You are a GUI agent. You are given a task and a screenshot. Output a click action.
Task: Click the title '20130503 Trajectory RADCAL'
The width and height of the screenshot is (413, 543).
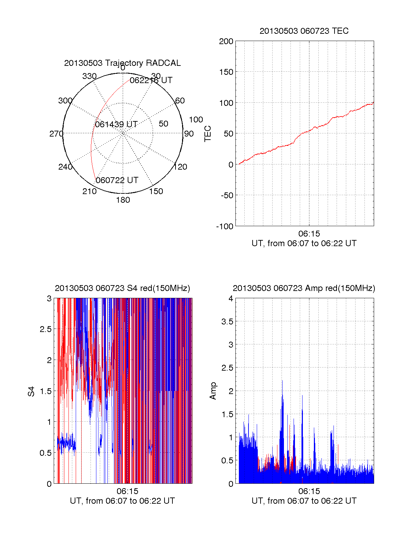click(x=122, y=63)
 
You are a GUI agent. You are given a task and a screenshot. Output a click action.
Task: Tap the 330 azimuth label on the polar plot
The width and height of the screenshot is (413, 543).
click(x=89, y=76)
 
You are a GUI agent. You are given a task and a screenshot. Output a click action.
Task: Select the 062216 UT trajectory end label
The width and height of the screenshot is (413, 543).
click(x=151, y=80)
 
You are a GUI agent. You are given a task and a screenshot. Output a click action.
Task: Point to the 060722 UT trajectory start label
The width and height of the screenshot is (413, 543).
click(x=117, y=180)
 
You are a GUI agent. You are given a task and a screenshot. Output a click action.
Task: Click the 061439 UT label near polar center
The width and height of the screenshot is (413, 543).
click(x=116, y=124)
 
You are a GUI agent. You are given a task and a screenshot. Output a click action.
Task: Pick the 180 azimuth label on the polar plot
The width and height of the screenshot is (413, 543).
click(x=123, y=200)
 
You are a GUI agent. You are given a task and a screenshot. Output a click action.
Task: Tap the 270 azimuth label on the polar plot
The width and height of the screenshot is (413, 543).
click(x=56, y=134)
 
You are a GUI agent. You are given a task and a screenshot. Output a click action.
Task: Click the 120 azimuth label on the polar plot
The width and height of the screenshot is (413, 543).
click(x=180, y=167)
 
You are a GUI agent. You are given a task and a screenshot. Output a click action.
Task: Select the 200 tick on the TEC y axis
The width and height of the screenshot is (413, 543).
click(x=226, y=41)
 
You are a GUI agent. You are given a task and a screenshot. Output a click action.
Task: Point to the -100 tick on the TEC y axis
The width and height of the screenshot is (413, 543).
click(x=225, y=227)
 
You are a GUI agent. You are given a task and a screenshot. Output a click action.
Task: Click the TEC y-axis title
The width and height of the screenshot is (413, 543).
click(x=208, y=134)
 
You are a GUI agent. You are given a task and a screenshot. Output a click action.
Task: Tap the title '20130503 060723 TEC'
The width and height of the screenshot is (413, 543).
click(x=304, y=31)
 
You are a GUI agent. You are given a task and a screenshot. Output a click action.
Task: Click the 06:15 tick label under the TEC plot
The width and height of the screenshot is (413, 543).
click(x=309, y=234)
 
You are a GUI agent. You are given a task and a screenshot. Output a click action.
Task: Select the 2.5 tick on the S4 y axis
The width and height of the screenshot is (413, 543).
click(x=46, y=329)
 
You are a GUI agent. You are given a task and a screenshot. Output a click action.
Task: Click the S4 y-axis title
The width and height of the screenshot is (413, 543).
click(x=31, y=391)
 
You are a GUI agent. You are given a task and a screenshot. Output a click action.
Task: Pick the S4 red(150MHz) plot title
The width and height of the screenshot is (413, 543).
click(x=122, y=288)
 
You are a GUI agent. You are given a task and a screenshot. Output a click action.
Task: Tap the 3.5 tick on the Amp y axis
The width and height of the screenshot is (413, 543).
click(x=227, y=322)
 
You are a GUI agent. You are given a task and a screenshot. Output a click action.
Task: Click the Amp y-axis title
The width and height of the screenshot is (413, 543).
click(x=213, y=391)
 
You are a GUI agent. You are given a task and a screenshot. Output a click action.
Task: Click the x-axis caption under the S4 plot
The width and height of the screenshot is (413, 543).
click(x=122, y=501)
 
